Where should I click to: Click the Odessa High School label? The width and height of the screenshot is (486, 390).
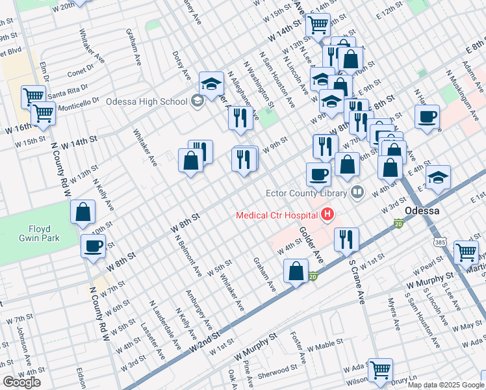(146, 101)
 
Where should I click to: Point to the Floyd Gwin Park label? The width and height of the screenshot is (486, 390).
(44, 233)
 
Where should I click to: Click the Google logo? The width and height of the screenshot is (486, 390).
(21, 382)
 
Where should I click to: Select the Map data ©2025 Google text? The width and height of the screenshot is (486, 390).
(446, 385)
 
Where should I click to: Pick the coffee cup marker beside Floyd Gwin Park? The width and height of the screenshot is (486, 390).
(93, 246)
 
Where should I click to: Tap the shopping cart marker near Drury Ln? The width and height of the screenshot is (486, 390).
(380, 370)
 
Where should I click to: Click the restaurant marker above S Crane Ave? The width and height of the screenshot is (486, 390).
(346, 239)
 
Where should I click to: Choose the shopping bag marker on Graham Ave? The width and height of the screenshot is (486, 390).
(296, 271)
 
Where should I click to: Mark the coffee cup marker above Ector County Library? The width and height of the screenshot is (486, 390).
(318, 174)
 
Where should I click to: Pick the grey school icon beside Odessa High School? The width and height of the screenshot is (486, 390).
(198, 101)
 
